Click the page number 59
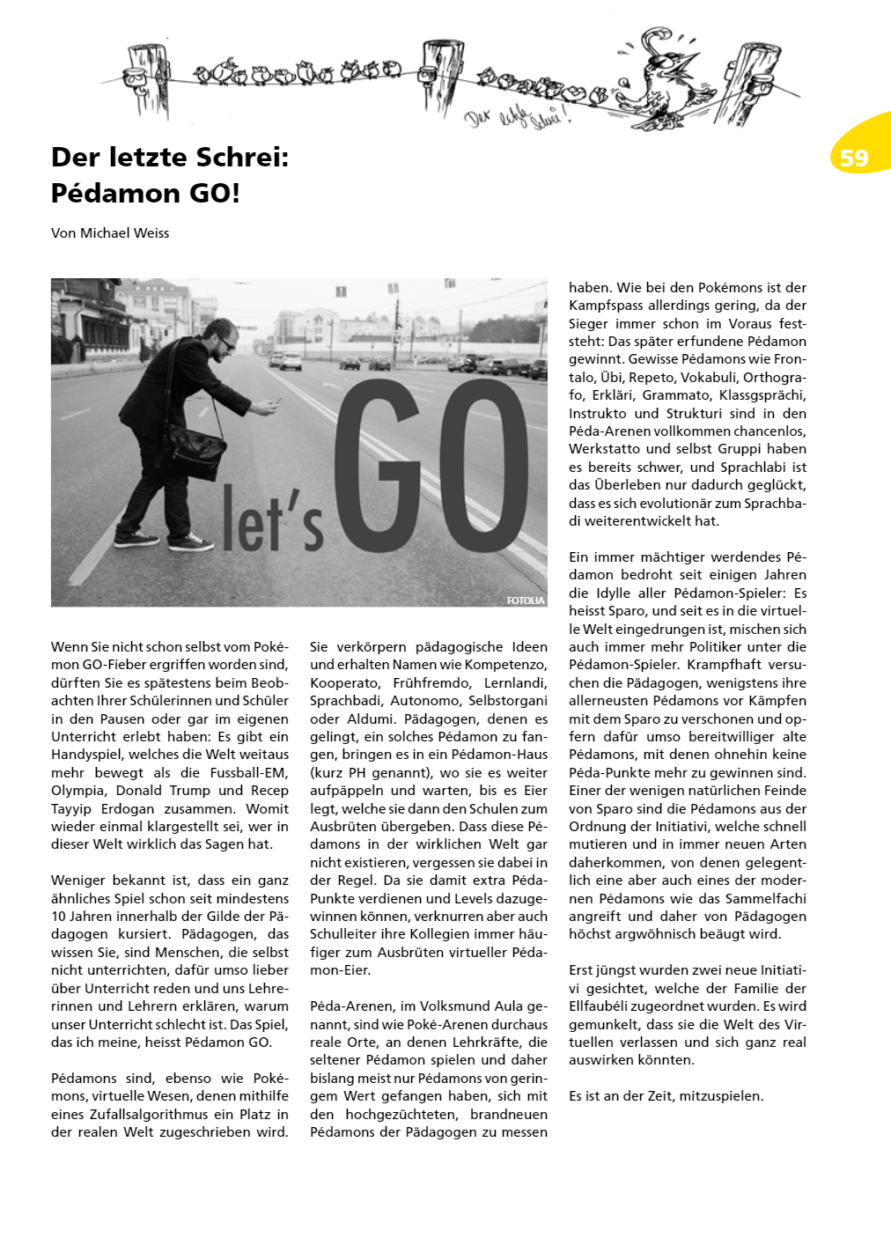coord(853,158)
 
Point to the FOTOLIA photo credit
coord(526,601)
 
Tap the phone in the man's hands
coord(276,402)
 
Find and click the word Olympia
coord(77,791)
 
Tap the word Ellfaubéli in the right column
coord(605,1006)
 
